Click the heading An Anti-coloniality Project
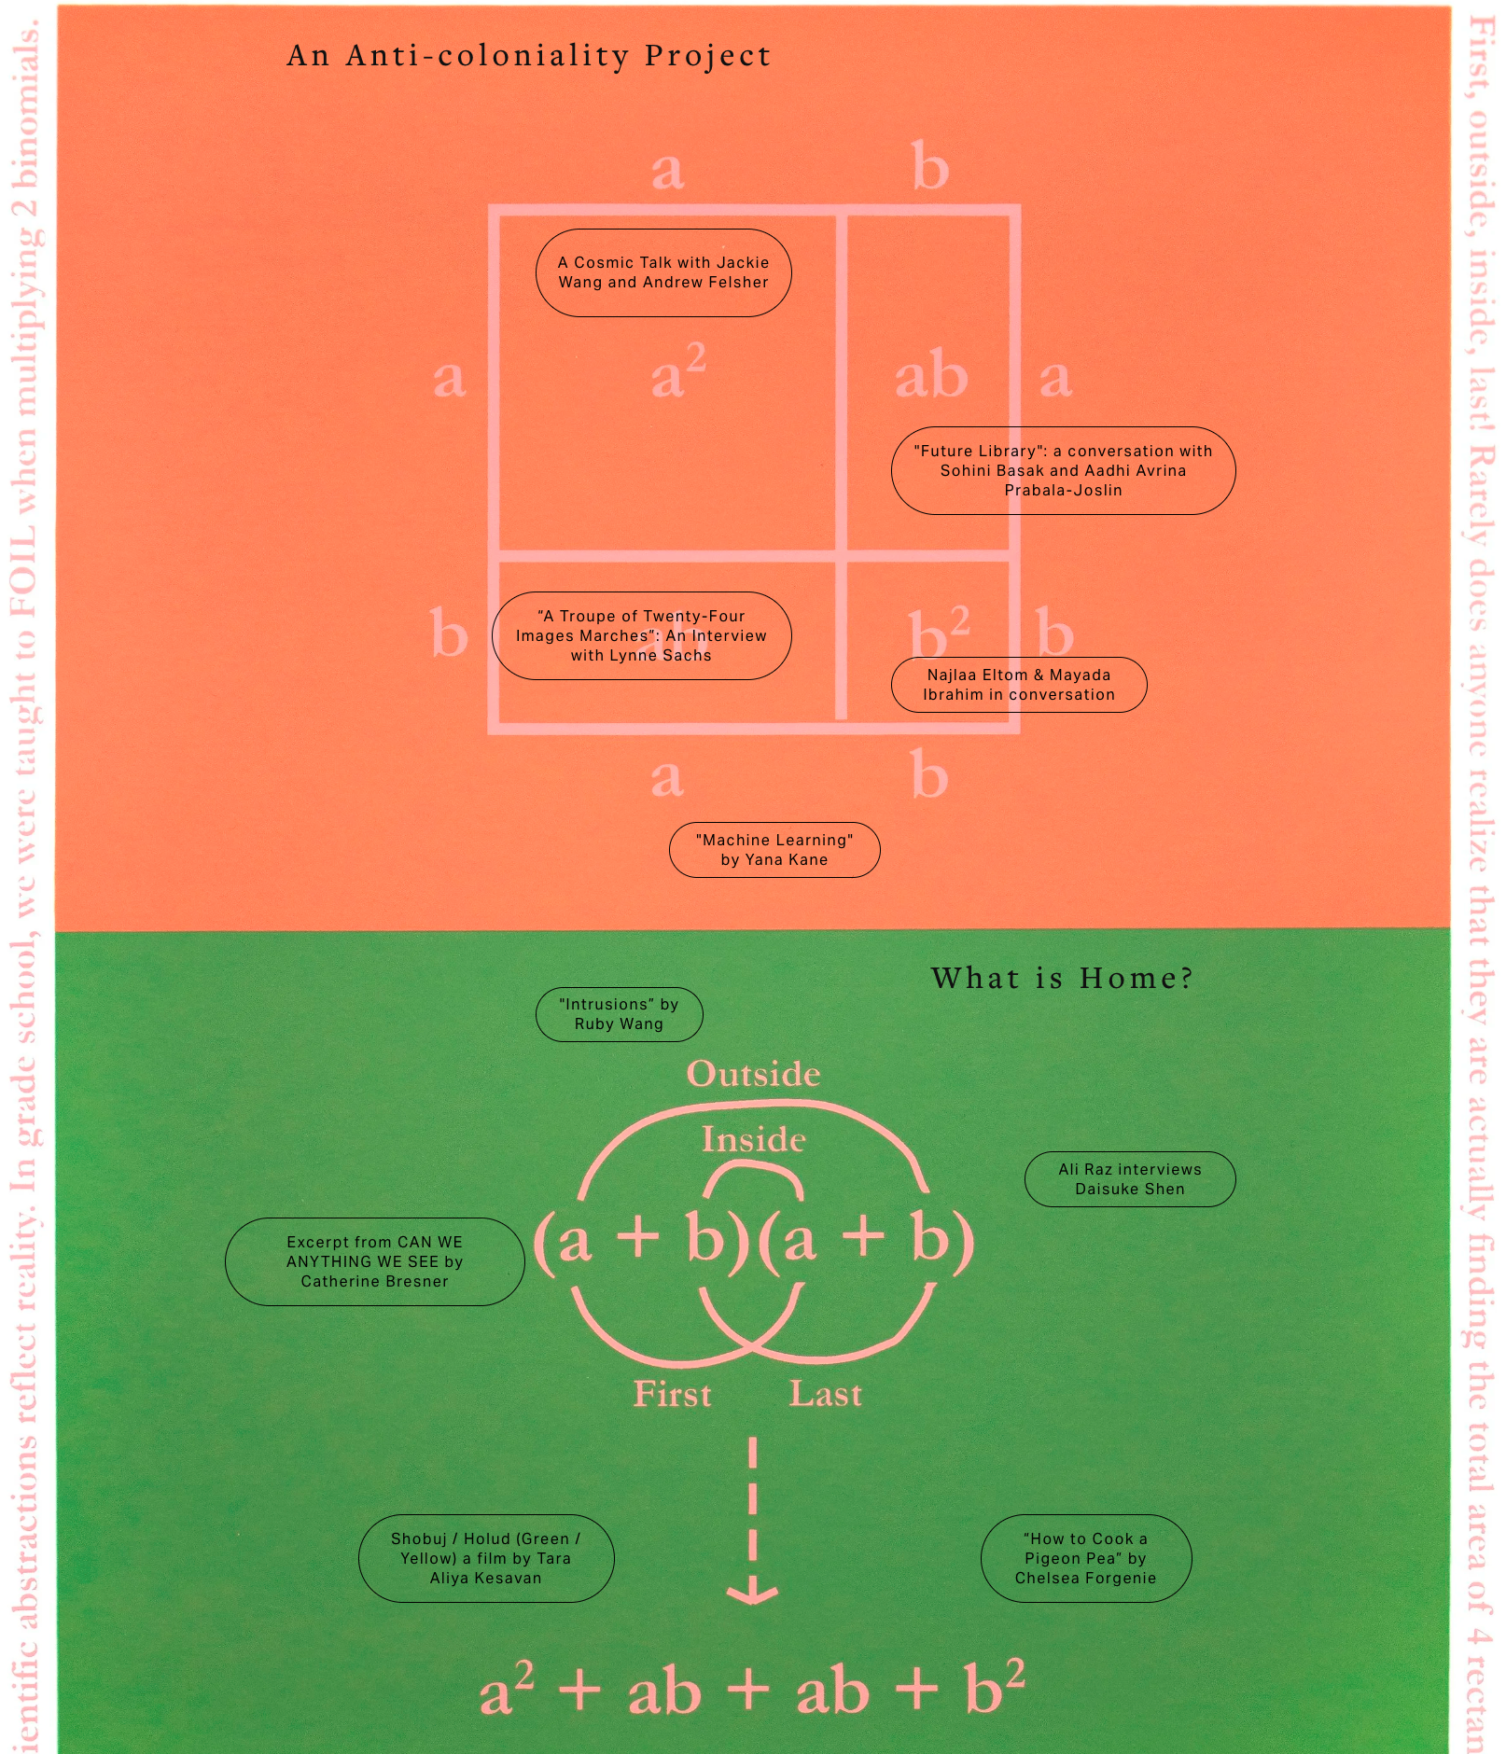click(529, 56)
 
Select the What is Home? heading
click(1062, 978)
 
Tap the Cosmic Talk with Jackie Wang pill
click(663, 272)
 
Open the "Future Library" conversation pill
click(1063, 470)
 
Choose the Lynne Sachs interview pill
click(641, 635)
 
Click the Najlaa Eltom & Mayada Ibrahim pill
click(1018, 685)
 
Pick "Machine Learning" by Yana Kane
click(774, 850)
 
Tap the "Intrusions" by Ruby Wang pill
click(619, 1014)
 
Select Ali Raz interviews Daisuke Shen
click(1129, 1179)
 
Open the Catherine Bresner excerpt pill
click(374, 1261)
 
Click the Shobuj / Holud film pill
click(485, 1558)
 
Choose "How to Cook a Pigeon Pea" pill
click(1085, 1558)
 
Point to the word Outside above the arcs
click(753, 1074)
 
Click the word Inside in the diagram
click(753, 1140)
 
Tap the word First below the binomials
click(672, 1394)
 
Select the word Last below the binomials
click(825, 1394)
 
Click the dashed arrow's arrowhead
click(752, 1594)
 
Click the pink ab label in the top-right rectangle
click(930, 376)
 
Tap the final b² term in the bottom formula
click(994, 1687)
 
